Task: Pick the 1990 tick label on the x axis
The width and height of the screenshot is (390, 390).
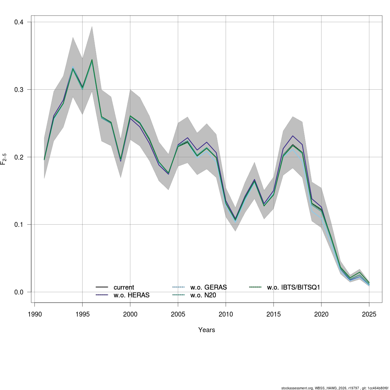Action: (35, 314)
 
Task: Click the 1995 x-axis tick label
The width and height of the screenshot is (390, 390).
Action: (83, 314)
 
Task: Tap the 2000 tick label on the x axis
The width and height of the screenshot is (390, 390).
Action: (130, 314)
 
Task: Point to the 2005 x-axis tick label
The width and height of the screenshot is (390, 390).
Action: (178, 314)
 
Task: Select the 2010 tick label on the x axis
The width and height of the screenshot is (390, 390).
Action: (226, 314)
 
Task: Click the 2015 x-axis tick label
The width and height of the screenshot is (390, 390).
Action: (274, 314)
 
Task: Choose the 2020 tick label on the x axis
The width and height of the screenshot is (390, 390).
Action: (321, 314)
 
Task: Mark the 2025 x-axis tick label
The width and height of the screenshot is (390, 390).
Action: (369, 314)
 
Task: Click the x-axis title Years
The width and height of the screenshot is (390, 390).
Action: (207, 330)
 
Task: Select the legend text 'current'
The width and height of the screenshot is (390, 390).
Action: (124, 288)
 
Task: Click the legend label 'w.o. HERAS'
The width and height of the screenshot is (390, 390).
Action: (132, 295)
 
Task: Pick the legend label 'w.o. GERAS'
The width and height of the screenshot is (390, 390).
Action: (209, 288)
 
